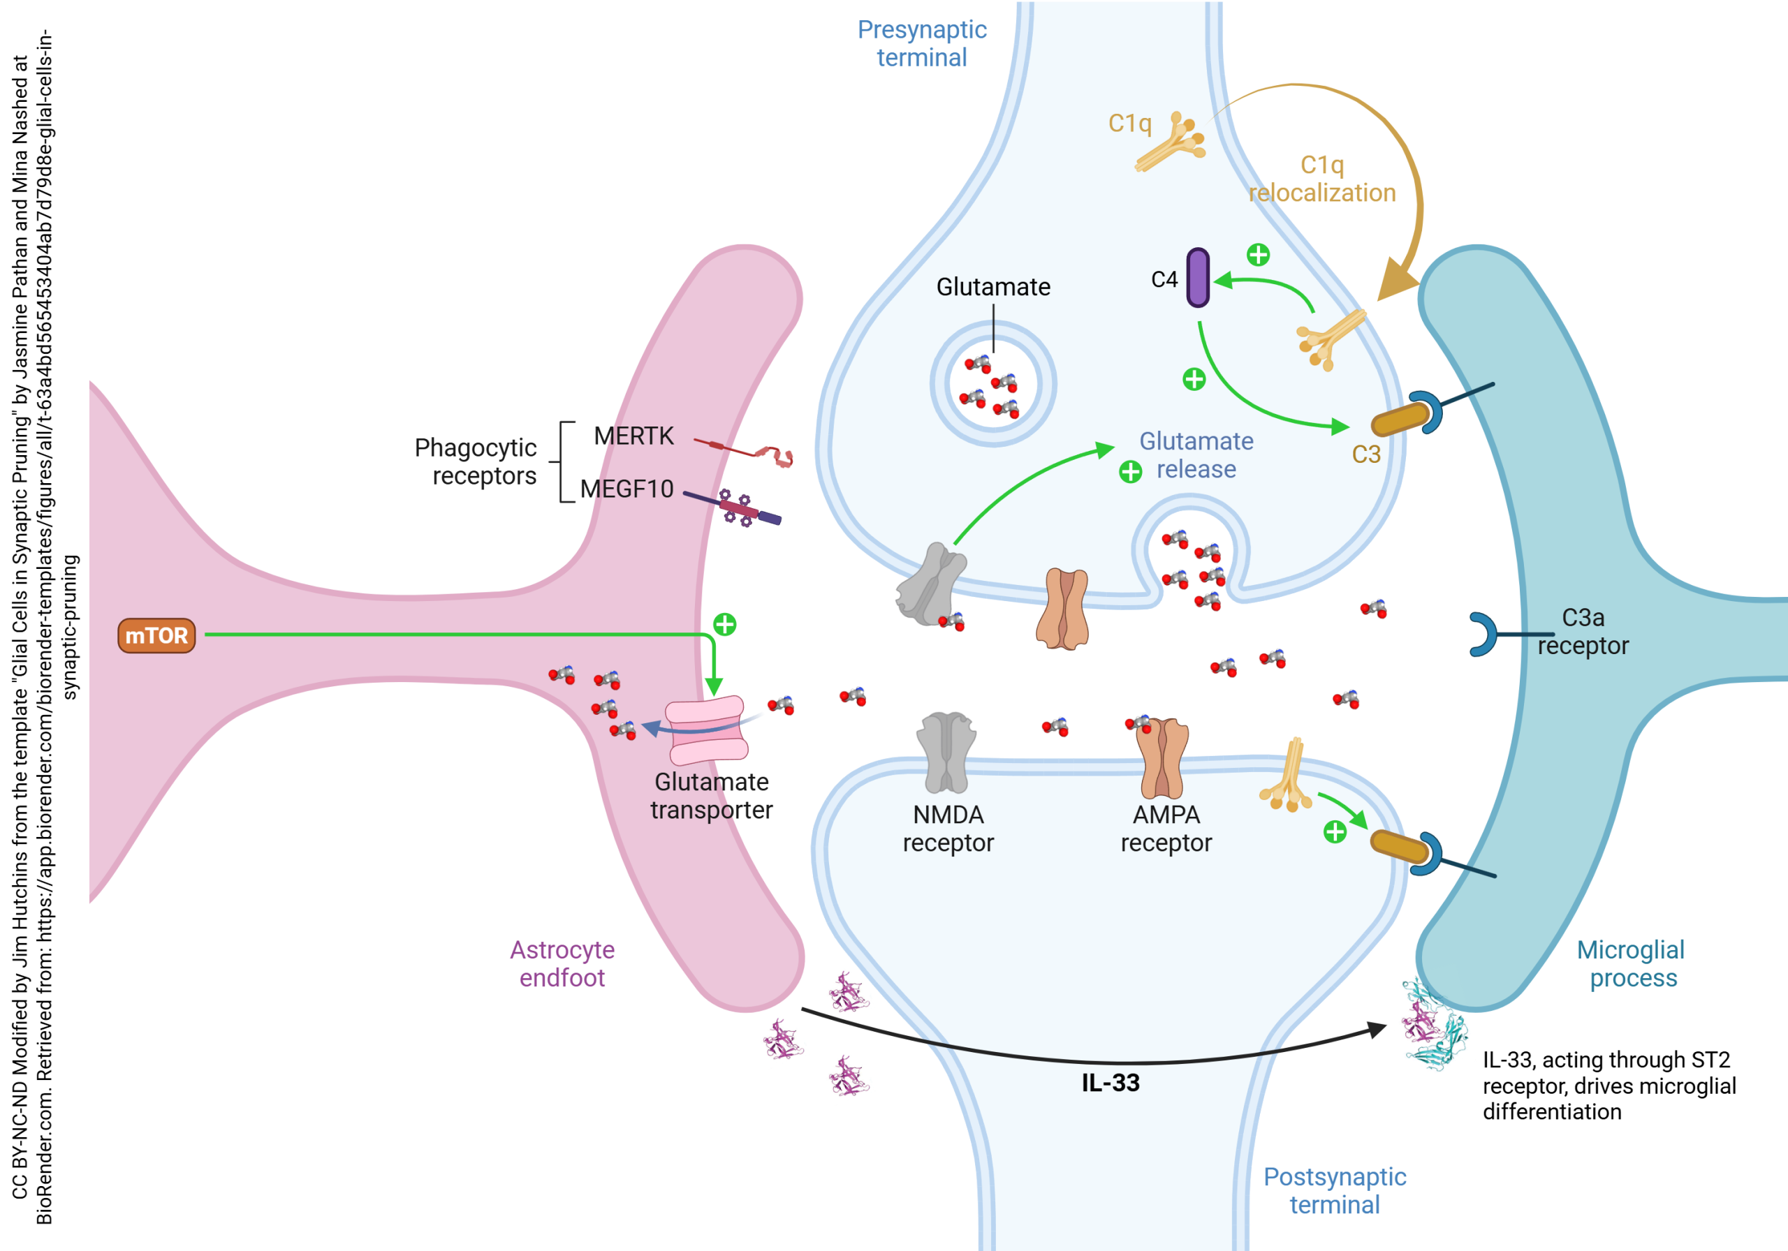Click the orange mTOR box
(156, 636)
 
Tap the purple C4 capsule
(1198, 278)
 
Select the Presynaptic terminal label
(922, 43)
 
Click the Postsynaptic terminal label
(1334, 1190)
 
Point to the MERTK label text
(633, 436)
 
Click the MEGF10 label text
(627, 489)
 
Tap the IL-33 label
(1110, 1083)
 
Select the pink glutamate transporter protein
(706, 730)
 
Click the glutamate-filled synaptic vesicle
(993, 384)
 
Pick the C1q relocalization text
(1322, 179)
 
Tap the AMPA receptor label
(1166, 828)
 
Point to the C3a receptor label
(1583, 631)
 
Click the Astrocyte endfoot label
(562, 964)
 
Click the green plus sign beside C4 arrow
(1259, 255)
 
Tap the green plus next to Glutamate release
(1130, 472)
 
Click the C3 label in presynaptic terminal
(1366, 454)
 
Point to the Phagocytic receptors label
(475, 461)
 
